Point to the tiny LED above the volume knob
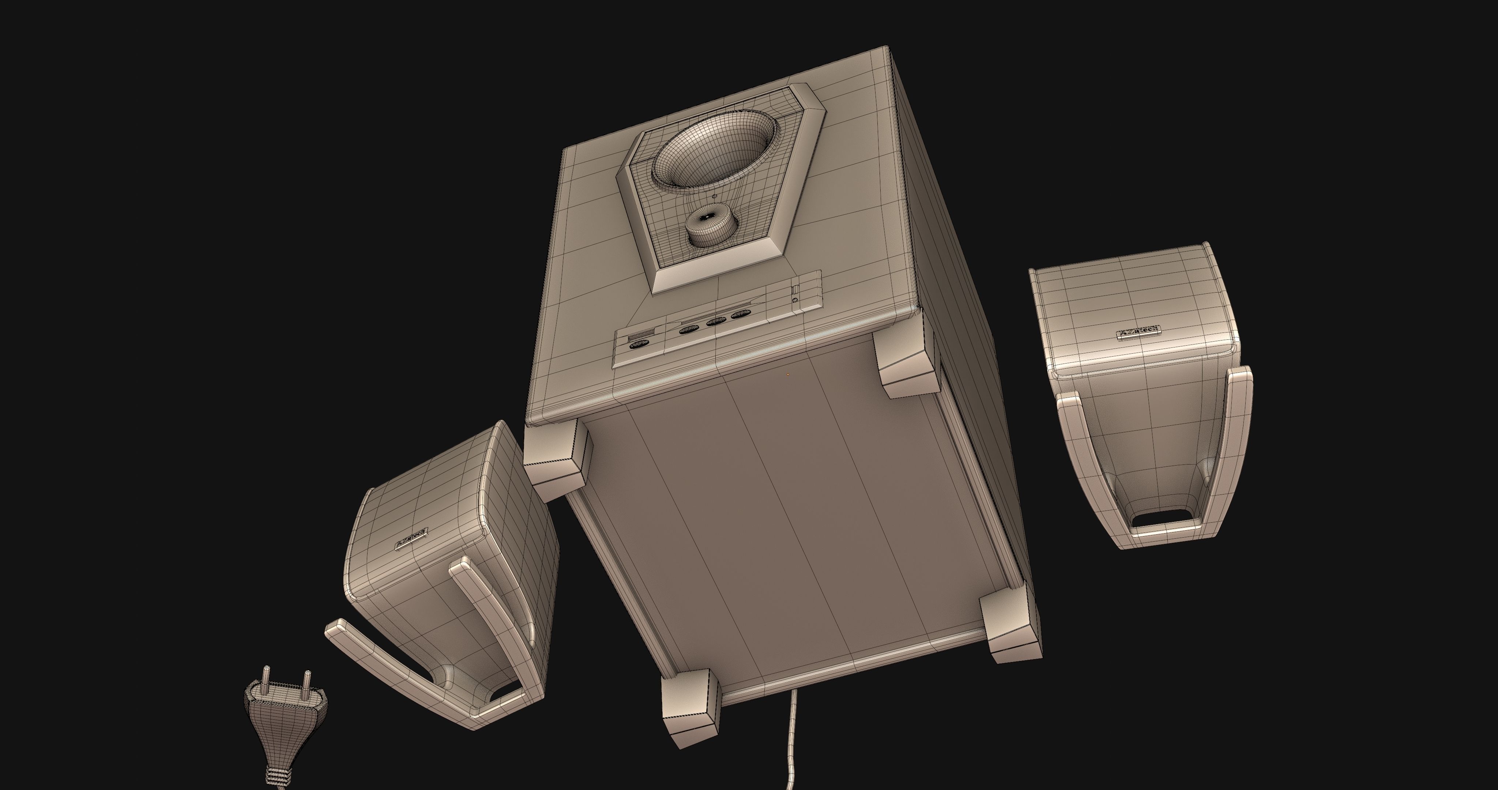click(715, 197)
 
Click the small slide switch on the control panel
click(795, 289)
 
